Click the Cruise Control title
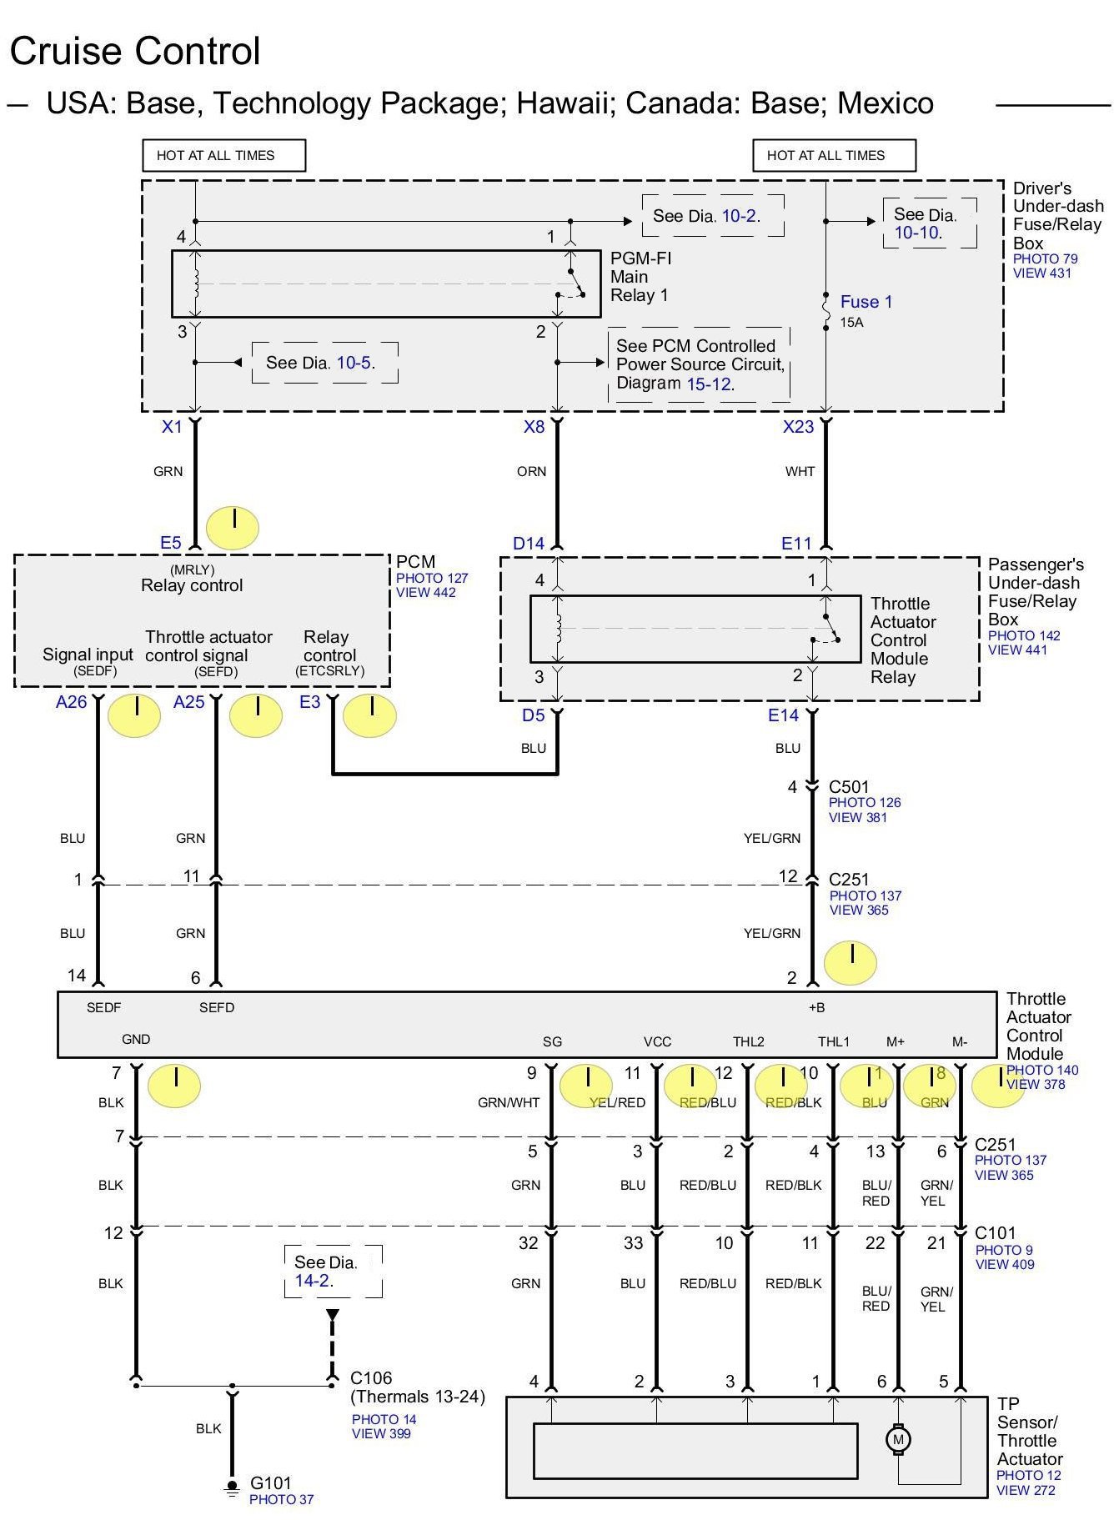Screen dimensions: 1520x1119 pyautogui.click(x=135, y=52)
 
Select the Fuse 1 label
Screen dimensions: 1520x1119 pyautogui.click(x=866, y=302)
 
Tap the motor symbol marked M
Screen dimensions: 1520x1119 pyautogui.click(x=898, y=1439)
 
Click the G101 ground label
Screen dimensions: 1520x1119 pyautogui.click(x=271, y=1483)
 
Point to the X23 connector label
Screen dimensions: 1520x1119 pyautogui.click(x=798, y=427)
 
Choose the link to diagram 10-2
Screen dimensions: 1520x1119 pyautogui.click(x=739, y=216)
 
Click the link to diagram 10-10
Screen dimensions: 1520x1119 pyautogui.click(x=916, y=233)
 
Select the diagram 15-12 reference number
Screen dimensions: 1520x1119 pyautogui.click(x=709, y=384)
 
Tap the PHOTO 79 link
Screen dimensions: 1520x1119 pyautogui.click(x=1045, y=258)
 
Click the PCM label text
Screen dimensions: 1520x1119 pyautogui.click(x=415, y=562)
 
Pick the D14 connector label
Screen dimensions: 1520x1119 pyautogui.click(x=529, y=544)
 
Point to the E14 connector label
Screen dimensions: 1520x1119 pyautogui.click(x=783, y=715)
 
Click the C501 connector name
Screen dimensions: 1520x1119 pyautogui.click(x=849, y=787)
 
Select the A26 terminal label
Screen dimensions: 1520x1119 pyautogui.click(x=71, y=702)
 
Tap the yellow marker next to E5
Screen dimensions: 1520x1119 pyautogui.click(x=233, y=527)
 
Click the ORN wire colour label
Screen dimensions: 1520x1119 pyautogui.click(x=531, y=472)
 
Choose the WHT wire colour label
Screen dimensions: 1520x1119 pyautogui.click(x=800, y=472)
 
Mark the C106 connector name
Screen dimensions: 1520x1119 pyautogui.click(x=371, y=1378)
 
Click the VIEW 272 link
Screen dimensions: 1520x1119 pyautogui.click(x=1026, y=1490)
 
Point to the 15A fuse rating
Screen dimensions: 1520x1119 pyautogui.click(x=851, y=323)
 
